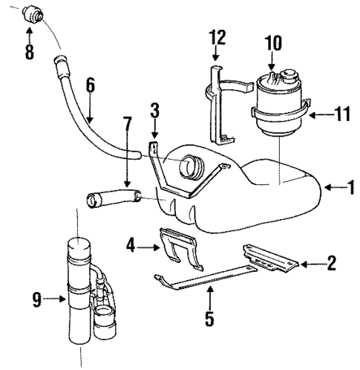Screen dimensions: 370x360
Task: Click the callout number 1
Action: pyautogui.click(x=351, y=188)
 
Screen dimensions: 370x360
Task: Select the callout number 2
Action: pyautogui.click(x=331, y=262)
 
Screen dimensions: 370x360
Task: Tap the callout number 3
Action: pyautogui.click(x=154, y=112)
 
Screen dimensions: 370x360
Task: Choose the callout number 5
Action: pyautogui.click(x=209, y=320)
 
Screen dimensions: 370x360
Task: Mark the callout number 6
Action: pyautogui.click(x=89, y=86)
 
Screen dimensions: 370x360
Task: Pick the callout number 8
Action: pyautogui.click(x=30, y=53)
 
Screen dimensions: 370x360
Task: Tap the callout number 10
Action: pyautogui.click(x=275, y=42)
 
